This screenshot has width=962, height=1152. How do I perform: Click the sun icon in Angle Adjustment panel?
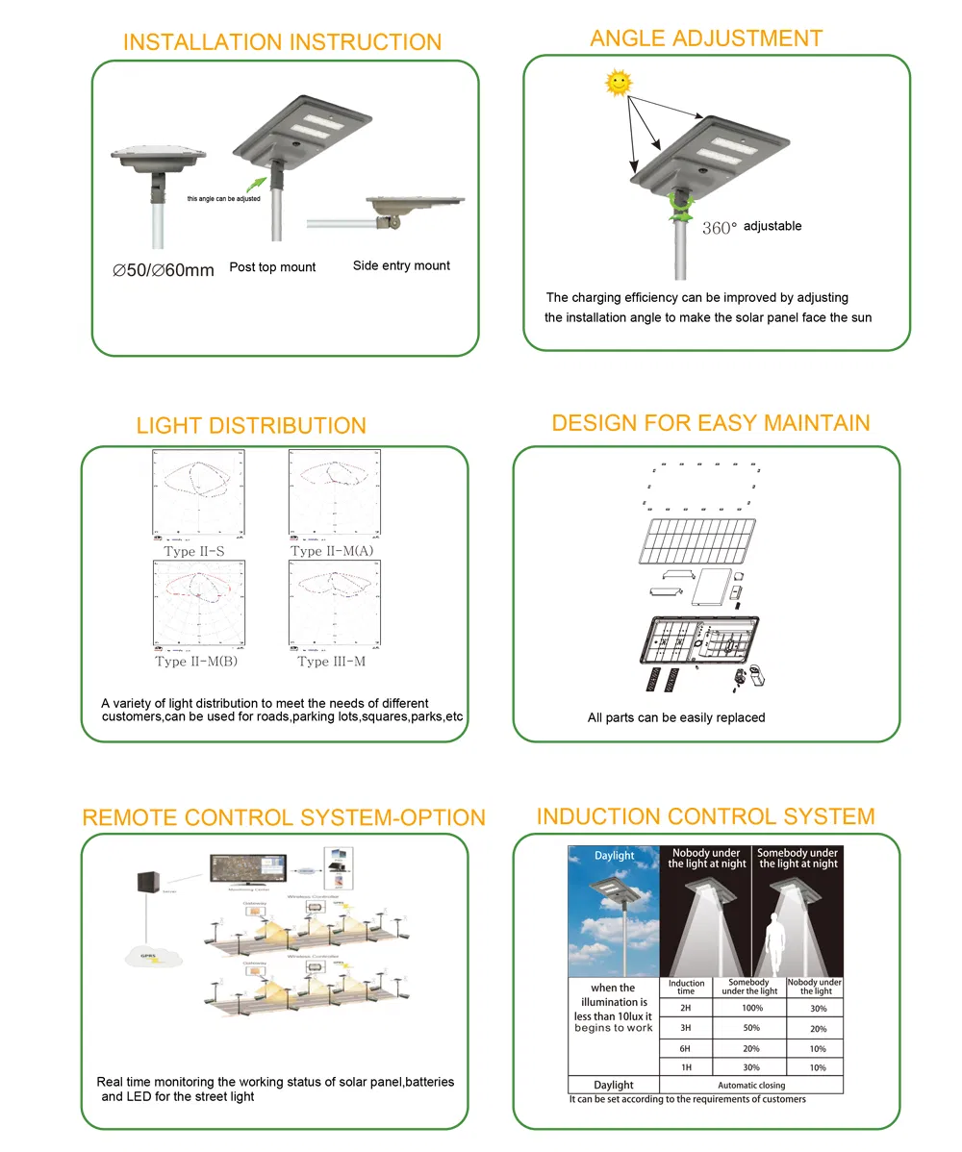click(619, 84)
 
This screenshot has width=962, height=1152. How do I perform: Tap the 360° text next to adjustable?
click(719, 228)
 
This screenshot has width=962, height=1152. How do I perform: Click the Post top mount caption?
click(272, 267)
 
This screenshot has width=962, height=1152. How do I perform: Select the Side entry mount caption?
click(401, 265)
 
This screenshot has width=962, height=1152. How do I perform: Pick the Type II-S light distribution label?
click(194, 552)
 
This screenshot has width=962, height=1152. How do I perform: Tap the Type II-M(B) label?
click(196, 662)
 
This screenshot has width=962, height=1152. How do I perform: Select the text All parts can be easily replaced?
click(676, 717)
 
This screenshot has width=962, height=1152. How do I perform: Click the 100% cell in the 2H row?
click(751, 1008)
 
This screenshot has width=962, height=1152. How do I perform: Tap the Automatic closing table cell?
click(751, 1085)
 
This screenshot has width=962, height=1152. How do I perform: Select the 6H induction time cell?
click(685, 1048)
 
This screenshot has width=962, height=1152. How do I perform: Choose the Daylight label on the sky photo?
click(614, 856)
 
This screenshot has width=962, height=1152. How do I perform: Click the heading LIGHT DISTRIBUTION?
click(251, 426)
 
